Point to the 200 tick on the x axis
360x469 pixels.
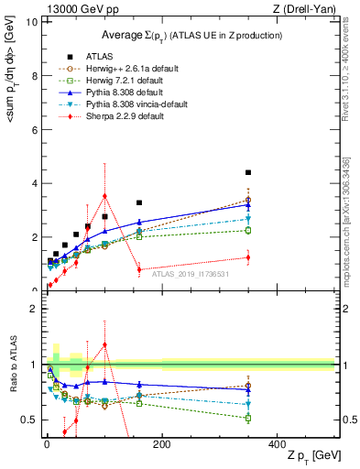click(x=161, y=443)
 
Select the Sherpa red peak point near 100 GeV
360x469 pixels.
click(x=104, y=195)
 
